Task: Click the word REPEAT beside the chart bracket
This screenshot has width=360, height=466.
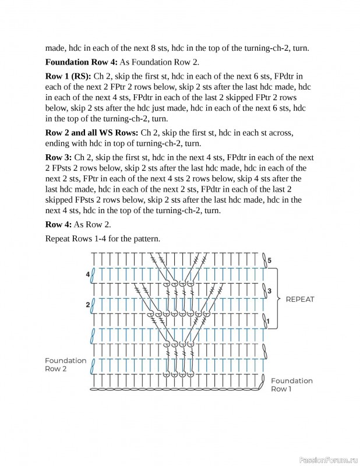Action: pos(299,299)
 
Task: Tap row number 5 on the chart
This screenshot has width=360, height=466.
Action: pos(269,259)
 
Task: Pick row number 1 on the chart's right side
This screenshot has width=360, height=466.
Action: pos(269,320)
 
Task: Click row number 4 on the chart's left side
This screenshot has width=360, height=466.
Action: pos(88,274)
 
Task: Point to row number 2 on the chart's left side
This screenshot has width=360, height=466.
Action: pos(88,305)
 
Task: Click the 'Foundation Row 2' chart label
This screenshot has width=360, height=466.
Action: pos(65,365)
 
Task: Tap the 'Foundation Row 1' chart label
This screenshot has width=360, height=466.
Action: pos(291,384)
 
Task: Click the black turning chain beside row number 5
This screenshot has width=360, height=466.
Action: pos(264,260)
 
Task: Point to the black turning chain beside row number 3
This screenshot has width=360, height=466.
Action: pos(264,290)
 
